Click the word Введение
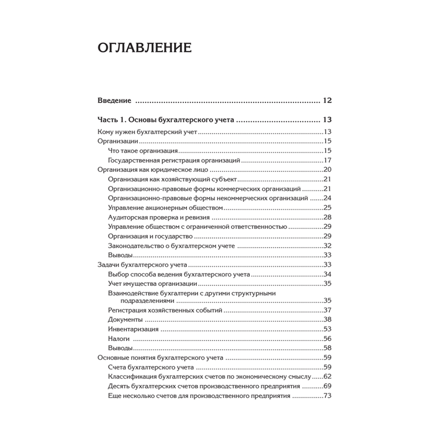(x=114, y=101)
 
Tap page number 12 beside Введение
(x=327, y=101)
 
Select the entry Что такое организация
(x=144, y=151)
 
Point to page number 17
(x=327, y=160)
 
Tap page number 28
(x=327, y=217)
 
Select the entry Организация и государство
(x=150, y=236)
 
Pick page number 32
(x=327, y=246)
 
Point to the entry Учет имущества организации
(x=153, y=283)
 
